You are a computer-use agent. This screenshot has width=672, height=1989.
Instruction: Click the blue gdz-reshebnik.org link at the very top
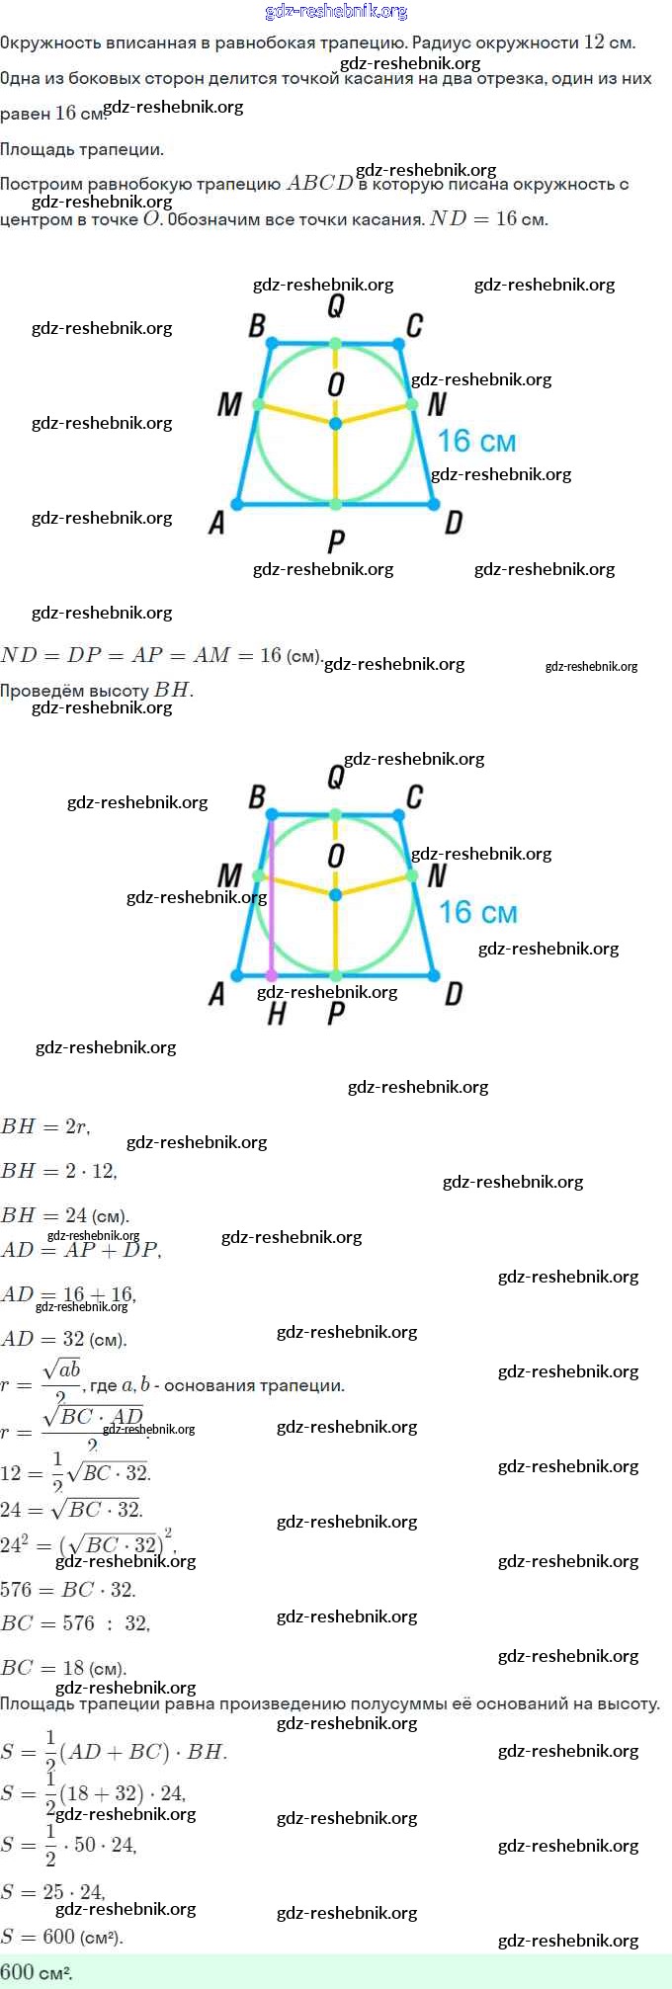coord(336,12)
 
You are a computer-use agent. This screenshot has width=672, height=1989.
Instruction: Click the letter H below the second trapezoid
coord(277,1013)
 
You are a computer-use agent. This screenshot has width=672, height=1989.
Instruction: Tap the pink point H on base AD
coord(272,975)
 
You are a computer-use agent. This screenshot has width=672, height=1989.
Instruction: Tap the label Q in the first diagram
coord(336,307)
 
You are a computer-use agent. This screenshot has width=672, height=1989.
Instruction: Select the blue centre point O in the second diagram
coord(336,894)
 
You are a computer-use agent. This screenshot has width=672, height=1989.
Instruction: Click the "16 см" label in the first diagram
coord(476,441)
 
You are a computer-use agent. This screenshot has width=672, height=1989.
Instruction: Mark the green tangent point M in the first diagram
coord(259,404)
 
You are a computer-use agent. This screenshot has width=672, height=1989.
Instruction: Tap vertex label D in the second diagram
coord(454,994)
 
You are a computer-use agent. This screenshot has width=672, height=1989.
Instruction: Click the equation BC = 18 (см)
coord(63,1668)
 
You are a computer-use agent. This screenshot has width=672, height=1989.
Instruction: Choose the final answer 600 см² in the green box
coord(37,1972)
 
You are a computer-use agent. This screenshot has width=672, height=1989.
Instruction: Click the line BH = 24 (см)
coord(65,1215)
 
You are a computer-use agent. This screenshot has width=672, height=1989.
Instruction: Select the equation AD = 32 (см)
coord(63,1340)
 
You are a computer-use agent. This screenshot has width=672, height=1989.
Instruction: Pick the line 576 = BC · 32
coord(68,1590)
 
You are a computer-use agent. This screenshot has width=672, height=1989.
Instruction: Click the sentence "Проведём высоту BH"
coord(97,690)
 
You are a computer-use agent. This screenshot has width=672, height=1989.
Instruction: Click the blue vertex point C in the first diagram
coord(398,344)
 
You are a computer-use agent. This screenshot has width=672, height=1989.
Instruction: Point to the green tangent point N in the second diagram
coord(412,875)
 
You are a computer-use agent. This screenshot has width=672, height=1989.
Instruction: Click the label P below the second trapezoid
coord(336,1013)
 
